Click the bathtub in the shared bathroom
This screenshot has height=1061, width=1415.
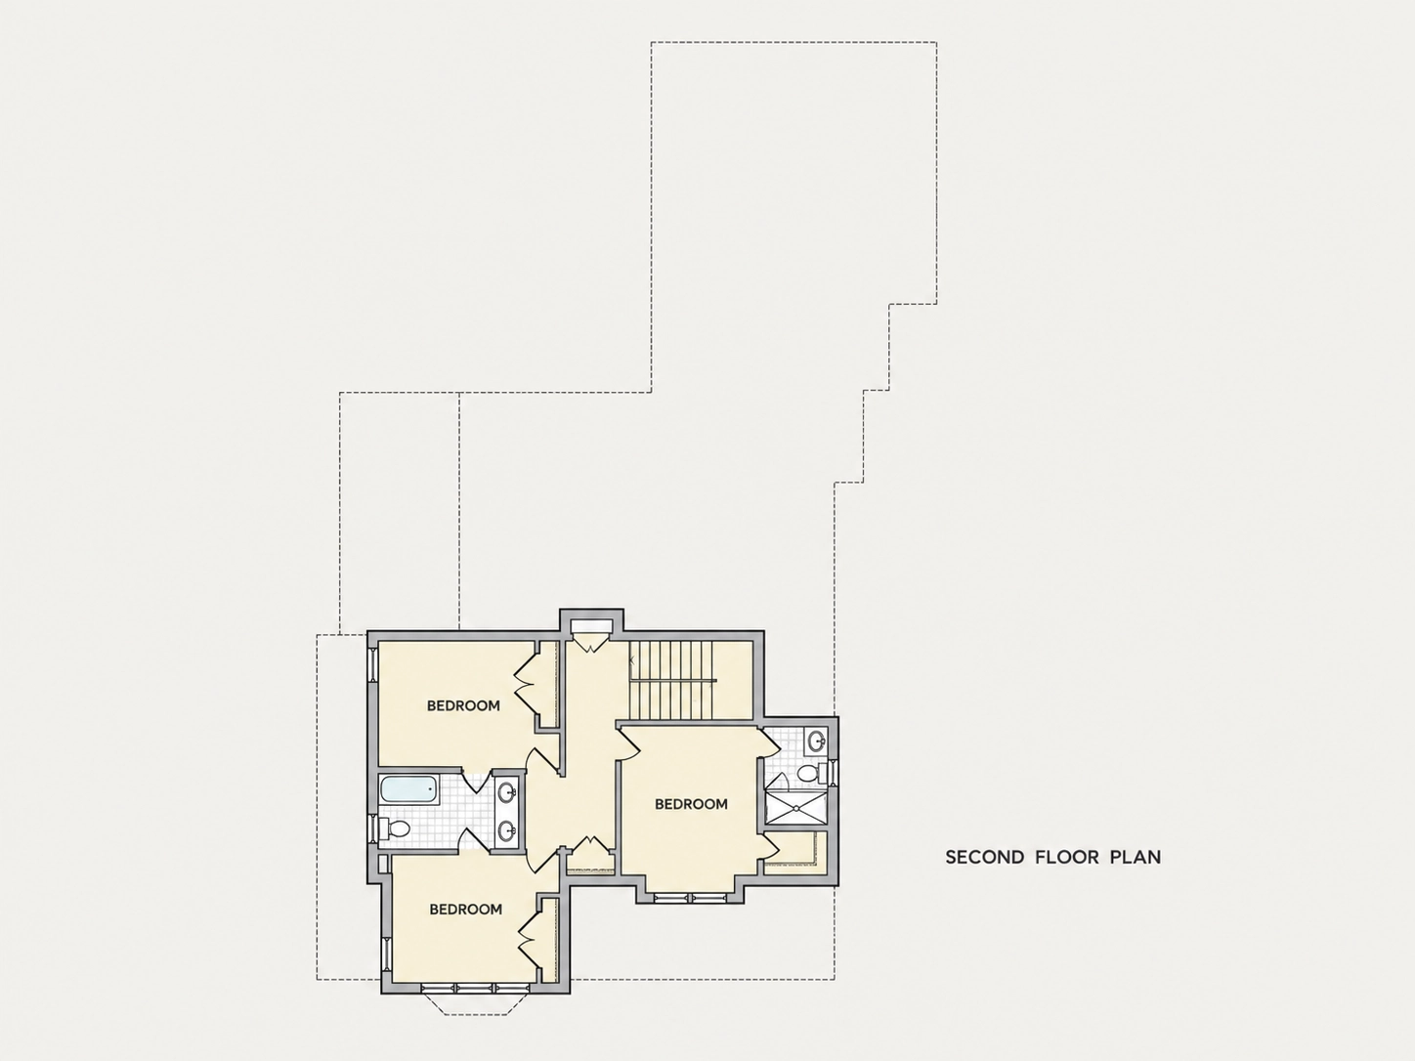[x=409, y=789]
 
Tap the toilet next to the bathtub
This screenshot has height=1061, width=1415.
[x=395, y=828]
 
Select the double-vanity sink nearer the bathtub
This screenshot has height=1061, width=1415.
[x=508, y=791]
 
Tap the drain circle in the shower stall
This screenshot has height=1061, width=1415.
[x=796, y=807]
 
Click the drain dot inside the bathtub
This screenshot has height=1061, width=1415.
[x=430, y=788]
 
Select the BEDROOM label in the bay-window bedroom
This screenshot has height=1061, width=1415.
[x=465, y=909]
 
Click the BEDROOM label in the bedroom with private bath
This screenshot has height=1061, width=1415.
[x=691, y=804]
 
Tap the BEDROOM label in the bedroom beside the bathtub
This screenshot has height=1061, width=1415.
[x=463, y=705]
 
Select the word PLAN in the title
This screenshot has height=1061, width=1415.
[x=1136, y=857]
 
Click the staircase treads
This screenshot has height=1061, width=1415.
[x=671, y=680]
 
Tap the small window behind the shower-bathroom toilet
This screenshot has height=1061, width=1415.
[x=833, y=773]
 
